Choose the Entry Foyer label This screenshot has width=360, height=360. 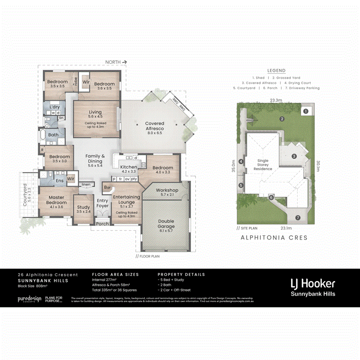103,203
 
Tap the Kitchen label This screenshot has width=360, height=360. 128,167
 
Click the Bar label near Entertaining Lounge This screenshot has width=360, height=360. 107,187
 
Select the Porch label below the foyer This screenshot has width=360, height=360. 102,224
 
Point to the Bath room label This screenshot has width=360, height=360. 53,135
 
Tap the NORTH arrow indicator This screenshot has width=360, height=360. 116,62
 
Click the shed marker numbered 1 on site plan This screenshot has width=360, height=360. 305,111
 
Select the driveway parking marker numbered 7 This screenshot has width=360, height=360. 298,218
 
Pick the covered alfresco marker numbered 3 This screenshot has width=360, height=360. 294,156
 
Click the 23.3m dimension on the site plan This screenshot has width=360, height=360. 276,100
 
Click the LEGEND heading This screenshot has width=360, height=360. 276,70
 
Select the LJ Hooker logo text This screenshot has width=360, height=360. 312,284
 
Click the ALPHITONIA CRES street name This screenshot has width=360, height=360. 274,238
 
